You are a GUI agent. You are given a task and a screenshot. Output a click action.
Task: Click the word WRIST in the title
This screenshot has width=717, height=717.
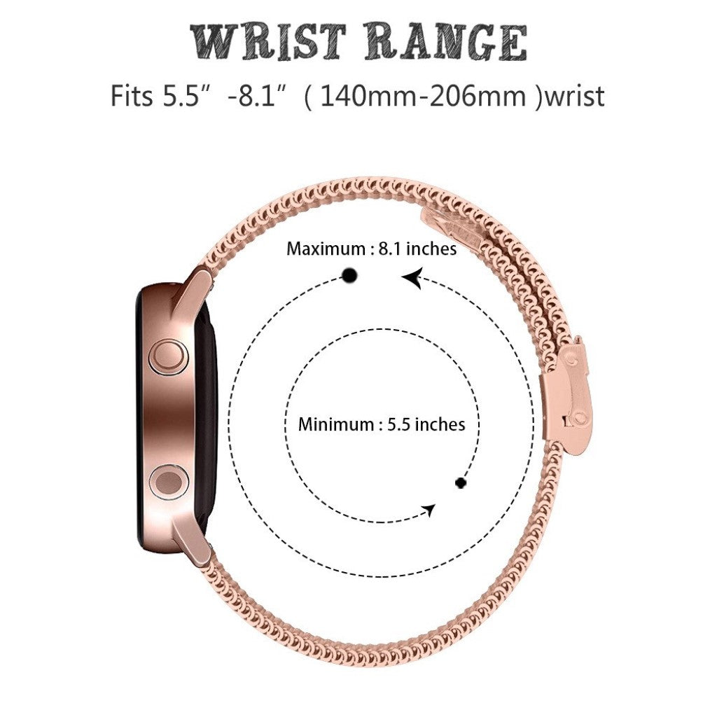[267, 43]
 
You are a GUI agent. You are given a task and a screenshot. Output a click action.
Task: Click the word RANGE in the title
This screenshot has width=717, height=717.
[445, 43]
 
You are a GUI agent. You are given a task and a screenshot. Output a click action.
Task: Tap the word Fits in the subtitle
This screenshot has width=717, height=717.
[131, 96]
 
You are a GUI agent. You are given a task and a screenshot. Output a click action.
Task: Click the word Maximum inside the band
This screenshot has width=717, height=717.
[326, 249]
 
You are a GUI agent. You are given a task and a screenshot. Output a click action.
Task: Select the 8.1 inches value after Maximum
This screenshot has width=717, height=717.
[417, 249]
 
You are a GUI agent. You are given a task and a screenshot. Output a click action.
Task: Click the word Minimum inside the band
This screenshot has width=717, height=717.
[336, 424]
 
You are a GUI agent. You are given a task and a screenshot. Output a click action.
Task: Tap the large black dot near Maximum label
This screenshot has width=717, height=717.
[350, 275]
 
